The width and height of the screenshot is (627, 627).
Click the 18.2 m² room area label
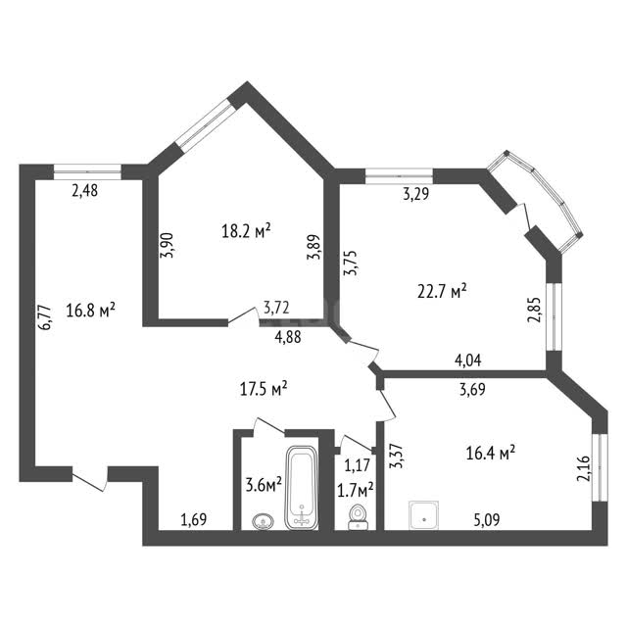(x=246, y=231)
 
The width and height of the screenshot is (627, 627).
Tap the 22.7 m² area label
(x=442, y=291)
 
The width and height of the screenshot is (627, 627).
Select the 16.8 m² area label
(x=91, y=311)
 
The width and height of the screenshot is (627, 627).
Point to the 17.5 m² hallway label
(x=264, y=389)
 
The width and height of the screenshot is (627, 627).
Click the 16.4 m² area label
(x=490, y=454)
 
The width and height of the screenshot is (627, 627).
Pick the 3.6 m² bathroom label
(x=264, y=486)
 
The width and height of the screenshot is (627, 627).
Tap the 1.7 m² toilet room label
(x=356, y=491)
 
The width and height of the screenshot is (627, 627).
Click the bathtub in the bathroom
(x=302, y=488)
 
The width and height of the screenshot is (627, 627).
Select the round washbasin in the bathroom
(x=264, y=521)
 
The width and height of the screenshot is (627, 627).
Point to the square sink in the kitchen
(x=423, y=515)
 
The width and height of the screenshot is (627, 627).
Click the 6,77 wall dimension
(x=44, y=317)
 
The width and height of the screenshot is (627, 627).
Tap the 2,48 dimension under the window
(x=85, y=190)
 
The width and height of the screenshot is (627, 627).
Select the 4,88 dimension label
(x=288, y=337)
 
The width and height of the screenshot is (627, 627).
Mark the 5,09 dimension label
(x=487, y=520)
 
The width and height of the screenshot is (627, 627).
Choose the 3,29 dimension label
(x=415, y=194)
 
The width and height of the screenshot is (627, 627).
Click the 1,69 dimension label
(x=194, y=519)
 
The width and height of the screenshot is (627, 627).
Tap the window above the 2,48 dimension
(x=87, y=172)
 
